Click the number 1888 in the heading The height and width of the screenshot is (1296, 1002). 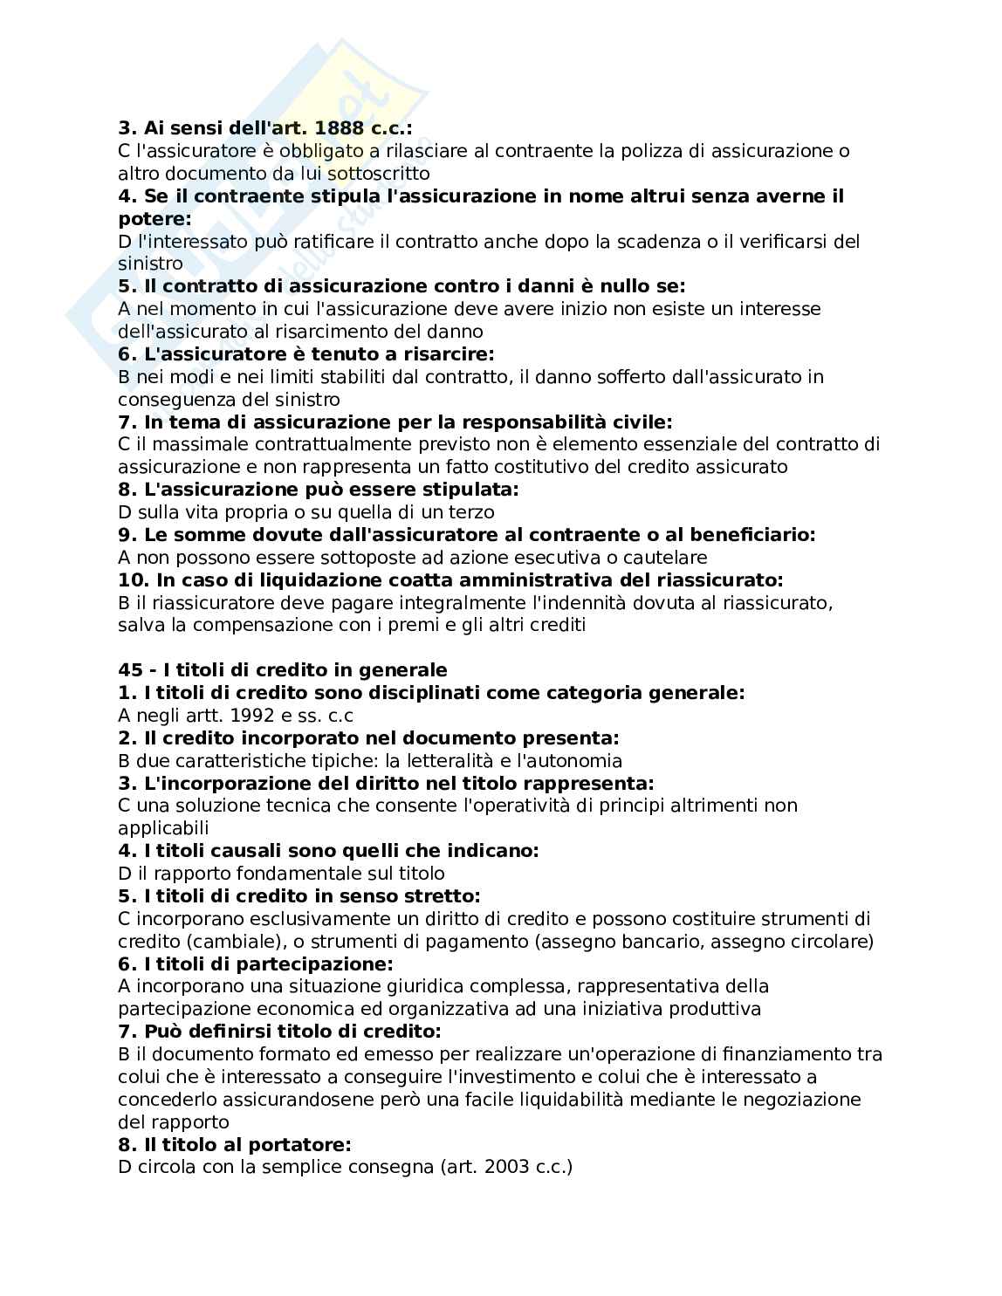(342, 128)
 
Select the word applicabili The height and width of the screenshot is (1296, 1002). (163, 828)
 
